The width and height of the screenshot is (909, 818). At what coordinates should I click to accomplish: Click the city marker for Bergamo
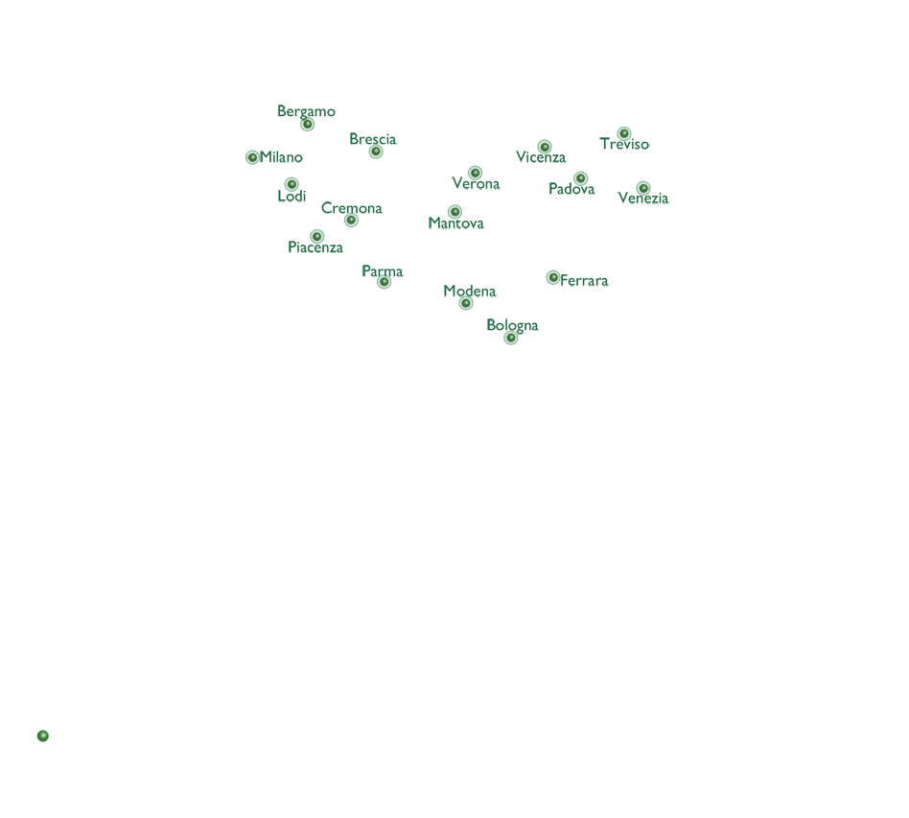pyautogui.click(x=307, y=124)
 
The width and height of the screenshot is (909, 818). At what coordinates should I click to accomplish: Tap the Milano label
pyautogui.click(x=281, y=157)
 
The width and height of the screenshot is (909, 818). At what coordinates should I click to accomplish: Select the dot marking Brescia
pyautogui.click(x=376, y=152)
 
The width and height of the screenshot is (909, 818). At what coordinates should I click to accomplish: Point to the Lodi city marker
pyautogui.click(x=291, y=184)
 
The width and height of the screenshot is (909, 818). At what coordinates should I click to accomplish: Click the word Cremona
pyautogui.click(x=351, y=208)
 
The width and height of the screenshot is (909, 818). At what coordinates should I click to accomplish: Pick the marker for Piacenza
pyautogui.click(x=316, y=236)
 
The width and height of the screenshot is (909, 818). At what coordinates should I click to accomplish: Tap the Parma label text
pyautogui.click(x=382, y=271)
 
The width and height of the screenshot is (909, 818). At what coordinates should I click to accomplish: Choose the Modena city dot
pyautogui.click(x=465, y=303)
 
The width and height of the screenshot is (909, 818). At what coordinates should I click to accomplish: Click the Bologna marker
pyautogui.click(x=511, y=338)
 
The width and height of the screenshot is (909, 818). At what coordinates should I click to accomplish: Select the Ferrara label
pyautogui.click(x=584, y=281)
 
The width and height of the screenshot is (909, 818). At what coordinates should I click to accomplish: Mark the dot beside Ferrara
pyautogui.click(x=553, y=278)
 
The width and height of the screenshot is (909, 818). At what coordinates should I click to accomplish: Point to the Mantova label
pyautogui.click(x=455, y=223)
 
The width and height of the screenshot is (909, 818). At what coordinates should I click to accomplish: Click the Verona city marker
pyautogui.click(x=475, y=173)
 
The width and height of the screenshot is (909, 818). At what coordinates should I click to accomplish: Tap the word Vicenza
pyautogui.click(x=541, y=157)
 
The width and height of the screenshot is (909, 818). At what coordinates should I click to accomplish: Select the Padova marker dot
pyautogui.click(x=580, y=178)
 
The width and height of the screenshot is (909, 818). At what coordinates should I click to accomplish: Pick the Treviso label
pyautogui.click(x=624, y=144)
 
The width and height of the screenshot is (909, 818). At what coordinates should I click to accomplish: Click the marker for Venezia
pyautogui.click(x=642, y=188)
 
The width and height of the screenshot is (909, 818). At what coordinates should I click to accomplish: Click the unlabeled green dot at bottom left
pyautogui.click(x=43, y=736)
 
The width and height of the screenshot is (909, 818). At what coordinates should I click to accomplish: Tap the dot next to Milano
pyautogui.click(x=252, y=157)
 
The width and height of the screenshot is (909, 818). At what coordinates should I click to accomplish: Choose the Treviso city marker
pyautogui.click(x=624, y=134)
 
